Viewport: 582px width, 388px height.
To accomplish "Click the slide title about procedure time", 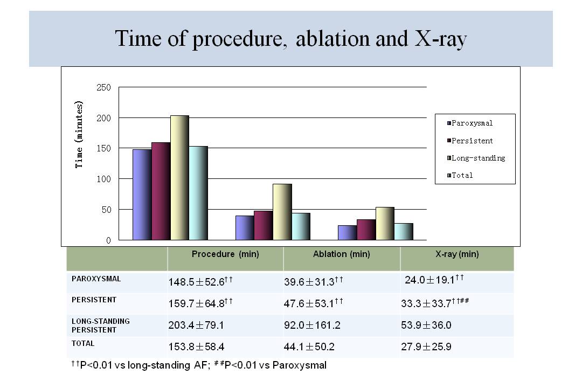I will click(290, 39).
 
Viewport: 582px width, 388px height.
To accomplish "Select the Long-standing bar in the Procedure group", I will click(179, 178).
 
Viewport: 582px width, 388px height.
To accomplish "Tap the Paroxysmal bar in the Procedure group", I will click(142, 195).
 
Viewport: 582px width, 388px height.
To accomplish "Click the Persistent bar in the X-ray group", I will click(366, 230).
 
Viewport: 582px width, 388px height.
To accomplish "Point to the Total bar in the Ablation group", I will click(301, 226).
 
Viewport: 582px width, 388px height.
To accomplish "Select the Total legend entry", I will click(462, 175).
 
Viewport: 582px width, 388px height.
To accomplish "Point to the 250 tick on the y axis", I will click(103, 87).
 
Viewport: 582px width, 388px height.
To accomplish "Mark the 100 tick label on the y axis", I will click(103, 179).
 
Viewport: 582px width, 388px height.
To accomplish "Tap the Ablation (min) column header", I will click(341, 254).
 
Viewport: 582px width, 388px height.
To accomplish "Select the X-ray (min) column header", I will click(457, 254).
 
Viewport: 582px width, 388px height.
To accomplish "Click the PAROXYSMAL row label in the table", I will click(96, 279).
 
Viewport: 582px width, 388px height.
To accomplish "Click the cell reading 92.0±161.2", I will click(312, 326).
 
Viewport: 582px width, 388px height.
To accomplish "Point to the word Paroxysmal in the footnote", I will click(300, 365).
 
